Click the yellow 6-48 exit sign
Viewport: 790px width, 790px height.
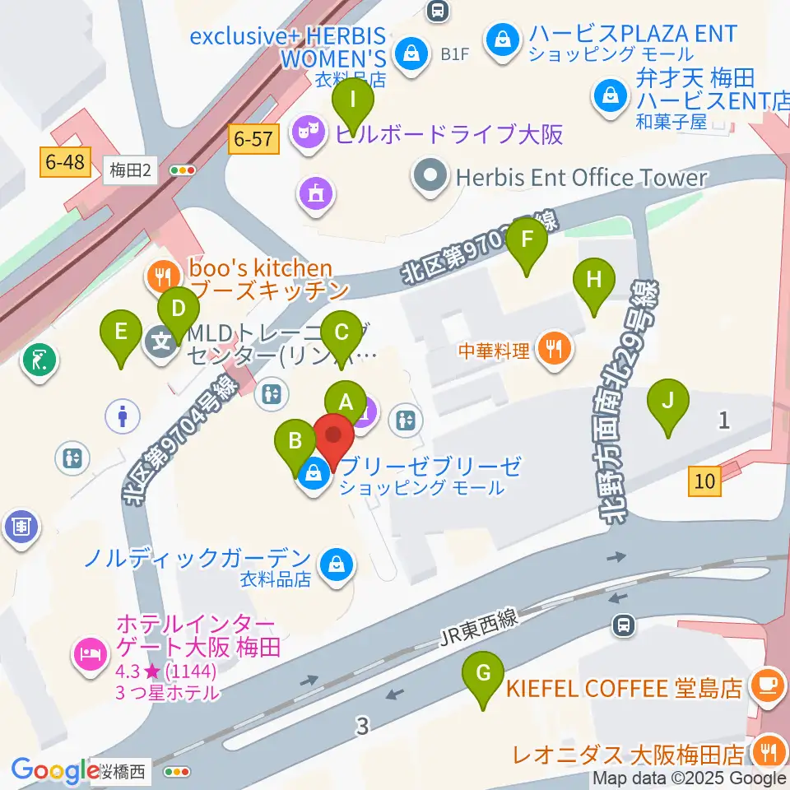pyautogui.click(x=65, y=162)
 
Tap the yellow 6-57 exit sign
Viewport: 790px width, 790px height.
pyautogui.click(x=253, y=140)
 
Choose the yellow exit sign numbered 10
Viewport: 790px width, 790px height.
pyautogui.click(x=705, y=481)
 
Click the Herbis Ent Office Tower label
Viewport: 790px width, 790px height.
pyautogui.click(x=581, y=178)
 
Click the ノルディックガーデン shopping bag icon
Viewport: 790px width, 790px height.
pyautogui.click(x=336, y=565)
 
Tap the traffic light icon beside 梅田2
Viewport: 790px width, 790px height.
pyautogui.click(x=181, y=170)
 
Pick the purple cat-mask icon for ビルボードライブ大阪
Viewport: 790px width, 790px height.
pyautogui.click(x=309, y=133)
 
